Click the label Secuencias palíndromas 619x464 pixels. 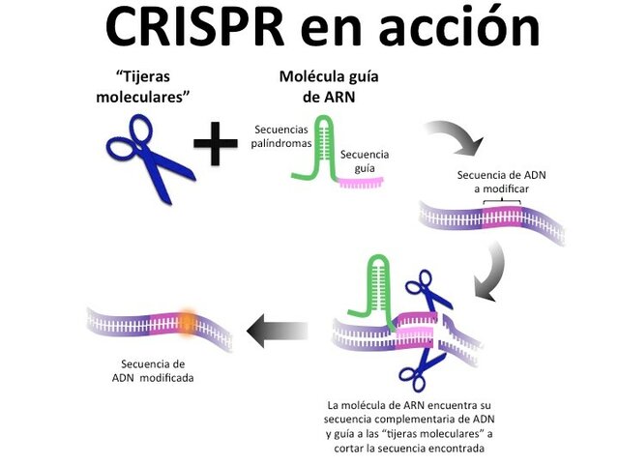[x=282, y=136]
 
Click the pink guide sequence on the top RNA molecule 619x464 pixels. [x=355, y=181]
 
